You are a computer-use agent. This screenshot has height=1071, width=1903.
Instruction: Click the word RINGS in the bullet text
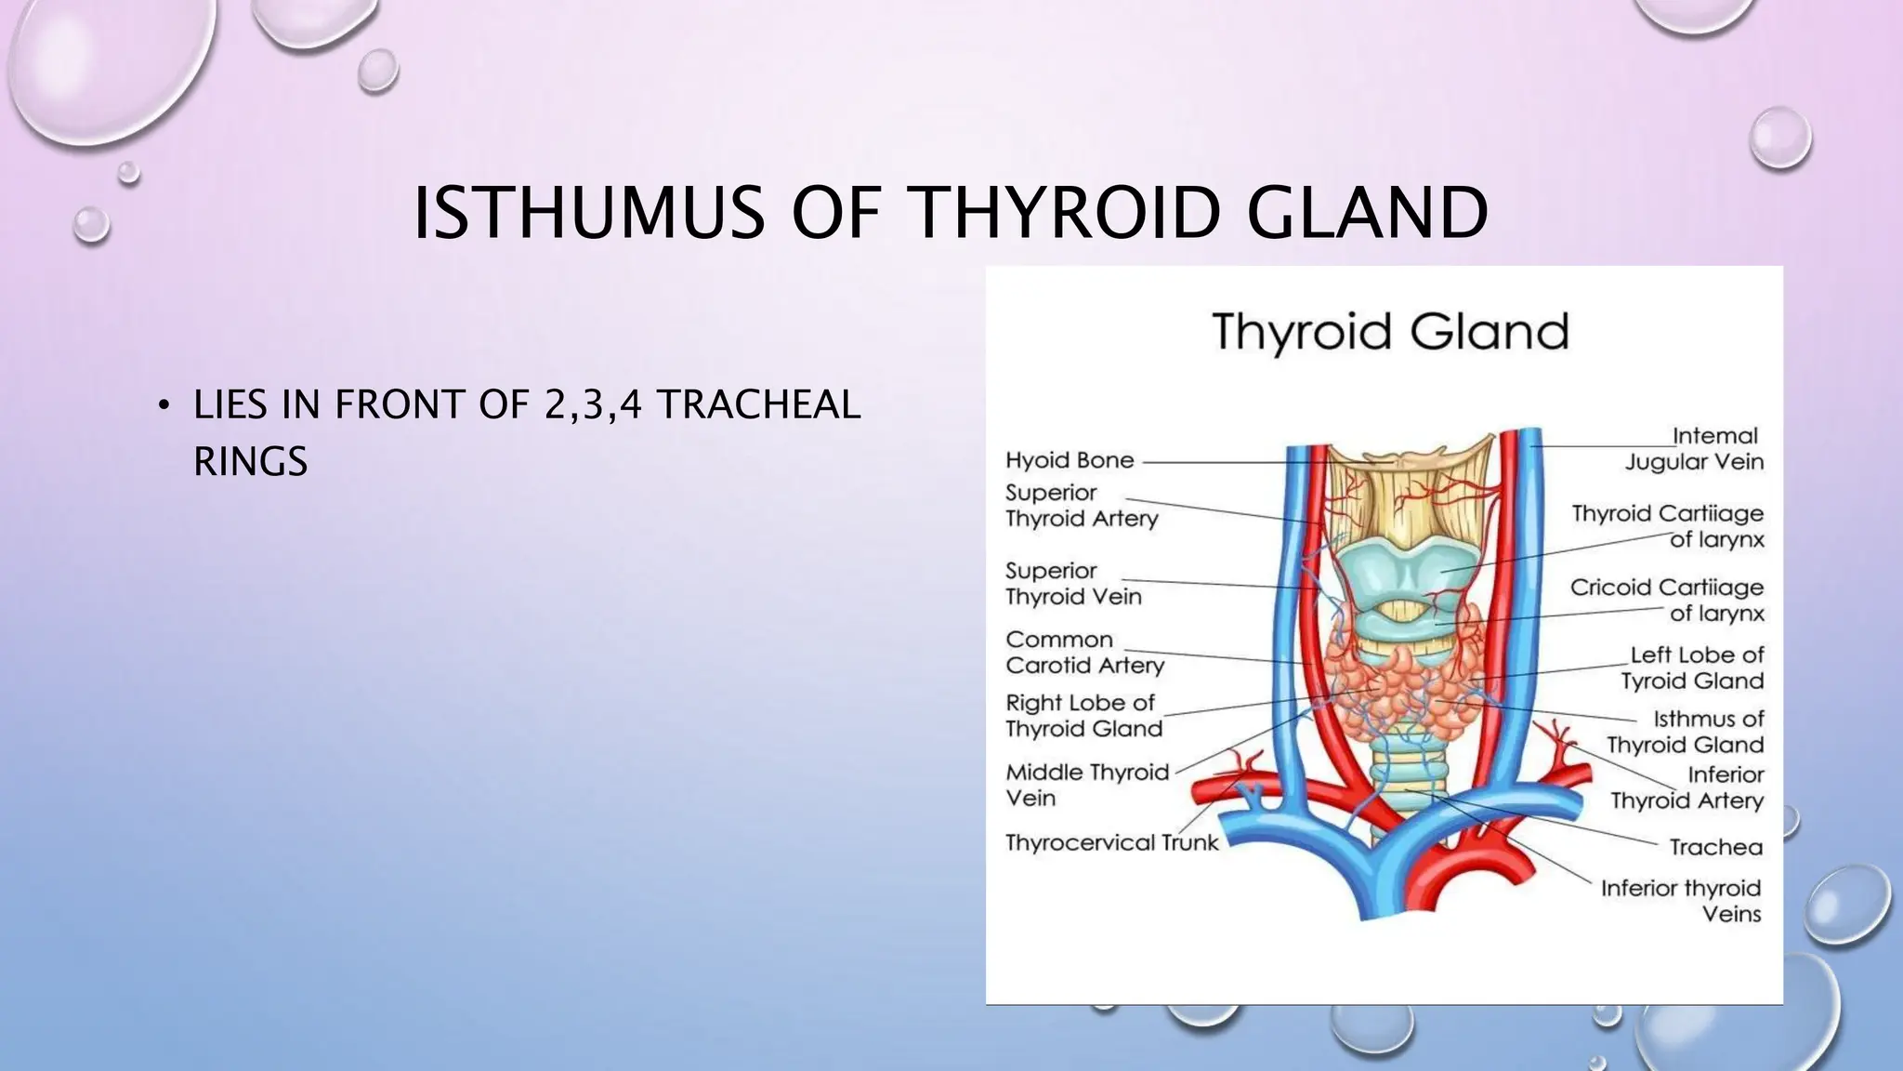tap(250, 461)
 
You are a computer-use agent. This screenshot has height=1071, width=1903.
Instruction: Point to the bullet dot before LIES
tap(164, 405)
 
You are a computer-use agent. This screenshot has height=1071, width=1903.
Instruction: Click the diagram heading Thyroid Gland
tap(1390, 332)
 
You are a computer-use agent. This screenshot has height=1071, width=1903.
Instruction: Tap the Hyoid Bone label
tap(1070, 460)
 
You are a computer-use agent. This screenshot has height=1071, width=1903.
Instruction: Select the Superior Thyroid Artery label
tap(1082, 506)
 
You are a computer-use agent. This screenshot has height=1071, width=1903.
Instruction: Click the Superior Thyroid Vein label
tap(1073, 584)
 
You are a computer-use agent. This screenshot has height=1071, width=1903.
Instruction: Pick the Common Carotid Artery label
tap(1084, 653)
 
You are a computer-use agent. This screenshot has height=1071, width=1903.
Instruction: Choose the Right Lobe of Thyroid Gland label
tap(1083, 716)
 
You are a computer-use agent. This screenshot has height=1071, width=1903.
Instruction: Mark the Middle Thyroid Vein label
tap(1086, 785)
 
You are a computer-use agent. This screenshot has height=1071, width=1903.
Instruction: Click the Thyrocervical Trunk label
tap(1111, 842)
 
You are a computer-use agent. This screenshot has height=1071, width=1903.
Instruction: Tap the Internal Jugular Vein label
tap(1694, 449)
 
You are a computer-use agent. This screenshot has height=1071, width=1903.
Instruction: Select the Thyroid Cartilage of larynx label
tap(1668, 526)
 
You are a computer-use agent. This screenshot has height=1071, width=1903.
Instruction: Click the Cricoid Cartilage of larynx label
tap(1667, 600)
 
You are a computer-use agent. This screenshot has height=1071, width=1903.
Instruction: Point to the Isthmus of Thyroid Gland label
tap(1686, 732)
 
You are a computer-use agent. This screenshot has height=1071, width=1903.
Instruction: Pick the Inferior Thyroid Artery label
tap(1687, 787)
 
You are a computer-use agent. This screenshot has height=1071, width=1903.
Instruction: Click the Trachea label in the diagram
tap(1715, 847)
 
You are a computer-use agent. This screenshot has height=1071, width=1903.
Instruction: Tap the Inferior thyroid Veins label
tap(1681, 901)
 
